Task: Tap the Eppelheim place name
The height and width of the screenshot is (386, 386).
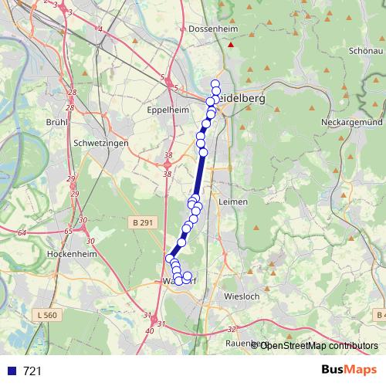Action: point(168,110)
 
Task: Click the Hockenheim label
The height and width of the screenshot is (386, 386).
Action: point(70,253)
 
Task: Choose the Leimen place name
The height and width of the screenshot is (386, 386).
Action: point(233,201)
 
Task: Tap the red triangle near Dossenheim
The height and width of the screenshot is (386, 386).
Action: point(230,45)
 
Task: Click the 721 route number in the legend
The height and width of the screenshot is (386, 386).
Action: point(32,371)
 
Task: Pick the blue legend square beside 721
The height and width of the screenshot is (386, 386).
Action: point(12,371)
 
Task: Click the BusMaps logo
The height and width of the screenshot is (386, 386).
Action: point(346,371)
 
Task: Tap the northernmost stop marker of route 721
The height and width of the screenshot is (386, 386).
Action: point(215,84)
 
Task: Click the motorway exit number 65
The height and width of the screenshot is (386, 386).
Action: point(69,231)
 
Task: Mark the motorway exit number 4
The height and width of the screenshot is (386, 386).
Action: point(99,29)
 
